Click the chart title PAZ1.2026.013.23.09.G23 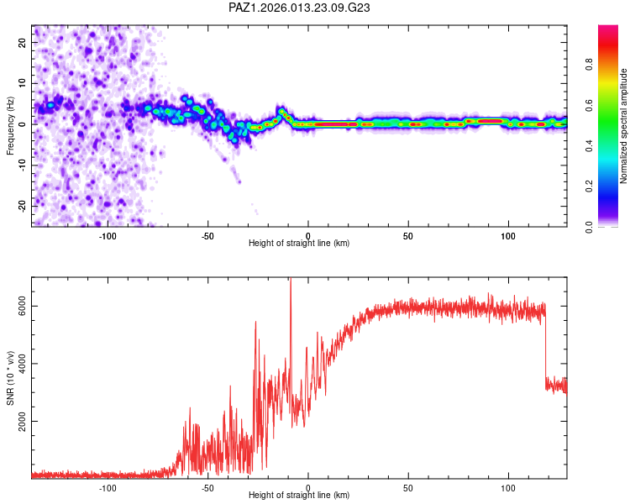tap(300, 8)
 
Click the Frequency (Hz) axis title tap(11, 124)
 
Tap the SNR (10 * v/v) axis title tap(11, 377)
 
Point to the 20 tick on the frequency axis tap(24, 42)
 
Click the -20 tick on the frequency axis tap(22, 205)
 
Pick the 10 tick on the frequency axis tap(24, 83)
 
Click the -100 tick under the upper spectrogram tap(108, 235)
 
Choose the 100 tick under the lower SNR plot tap(508, 488)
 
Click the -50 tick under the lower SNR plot tap(207, 488)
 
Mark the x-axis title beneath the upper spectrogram tap(299, 244)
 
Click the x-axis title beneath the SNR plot tap(299, 496)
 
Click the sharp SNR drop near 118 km tap(545, 344)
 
